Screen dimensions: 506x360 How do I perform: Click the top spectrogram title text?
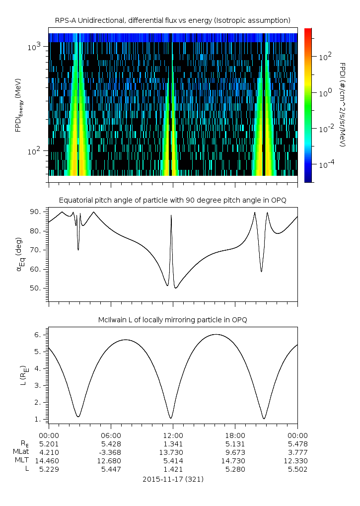pos(173,20)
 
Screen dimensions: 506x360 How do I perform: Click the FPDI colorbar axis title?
pos(342,105)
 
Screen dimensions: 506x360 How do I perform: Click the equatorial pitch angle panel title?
pos(173,200)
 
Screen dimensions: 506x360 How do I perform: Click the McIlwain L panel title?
pos(173,319)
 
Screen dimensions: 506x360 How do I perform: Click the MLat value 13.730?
pos(173,452)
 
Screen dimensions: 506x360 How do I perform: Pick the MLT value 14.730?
pos(235,461)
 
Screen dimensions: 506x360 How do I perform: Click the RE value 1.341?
pos(173,444)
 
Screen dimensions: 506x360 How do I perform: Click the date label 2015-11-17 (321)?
pos(173,479)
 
